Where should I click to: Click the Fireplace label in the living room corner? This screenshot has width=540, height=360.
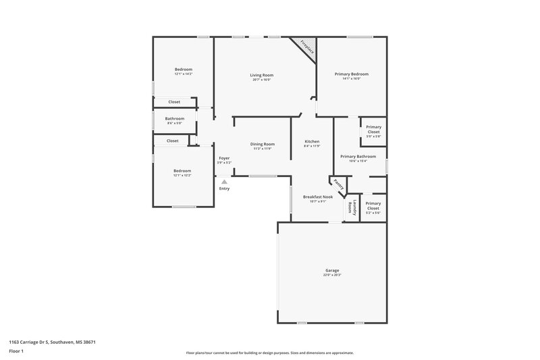[307, 49]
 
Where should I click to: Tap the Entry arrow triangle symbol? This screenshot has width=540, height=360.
[225, 182]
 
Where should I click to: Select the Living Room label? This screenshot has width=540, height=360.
[261, 75]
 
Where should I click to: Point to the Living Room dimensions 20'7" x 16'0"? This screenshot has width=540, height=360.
[261, 80]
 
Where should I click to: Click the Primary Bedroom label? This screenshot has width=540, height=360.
[352, 74]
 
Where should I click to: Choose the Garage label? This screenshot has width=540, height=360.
[332, 270]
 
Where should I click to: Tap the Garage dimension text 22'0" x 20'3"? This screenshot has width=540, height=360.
[332, 275]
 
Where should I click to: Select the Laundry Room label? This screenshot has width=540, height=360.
[351, 207]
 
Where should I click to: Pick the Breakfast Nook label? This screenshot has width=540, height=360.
[317, 197]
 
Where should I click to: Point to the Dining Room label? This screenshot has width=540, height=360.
[263, 144]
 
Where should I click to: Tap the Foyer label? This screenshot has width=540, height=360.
[224, 158]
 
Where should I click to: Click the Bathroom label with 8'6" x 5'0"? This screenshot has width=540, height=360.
[174, 118]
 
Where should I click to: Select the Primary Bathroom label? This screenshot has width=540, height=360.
[358, 156]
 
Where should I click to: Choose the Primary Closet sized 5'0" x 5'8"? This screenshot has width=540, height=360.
[373, 129]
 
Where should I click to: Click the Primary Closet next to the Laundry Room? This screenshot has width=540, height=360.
[373, 205]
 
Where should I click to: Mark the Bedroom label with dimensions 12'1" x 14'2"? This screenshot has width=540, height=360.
[184, 70]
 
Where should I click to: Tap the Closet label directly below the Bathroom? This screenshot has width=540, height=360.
[173, 140]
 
